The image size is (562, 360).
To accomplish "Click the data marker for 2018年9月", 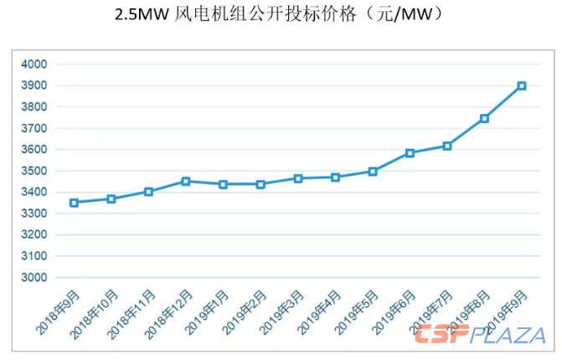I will (x=74, y=203).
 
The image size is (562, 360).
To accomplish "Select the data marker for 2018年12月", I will (x=186, y=181).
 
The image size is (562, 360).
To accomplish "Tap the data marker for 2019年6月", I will (x=410, y=153).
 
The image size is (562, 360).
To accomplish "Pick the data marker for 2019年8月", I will (x=484, y=119).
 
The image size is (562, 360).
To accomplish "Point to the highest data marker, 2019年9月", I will (x=522, y=85).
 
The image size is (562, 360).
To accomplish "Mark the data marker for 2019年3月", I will (x=297, y=178).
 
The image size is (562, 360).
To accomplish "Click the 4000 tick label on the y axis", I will (x=34, y=64).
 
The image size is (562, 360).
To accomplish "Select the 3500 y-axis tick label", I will (x=34, y=171).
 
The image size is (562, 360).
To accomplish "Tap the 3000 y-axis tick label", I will (x=34, y=278).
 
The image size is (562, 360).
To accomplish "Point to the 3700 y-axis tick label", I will (x=34, y=128).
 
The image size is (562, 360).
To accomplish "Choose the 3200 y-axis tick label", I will (x=34, y=235).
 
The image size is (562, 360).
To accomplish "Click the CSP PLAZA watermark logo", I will (x=480, y=337).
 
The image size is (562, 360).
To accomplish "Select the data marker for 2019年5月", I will (x=373, y=172).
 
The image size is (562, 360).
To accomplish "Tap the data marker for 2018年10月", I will (x=111, y=199).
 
